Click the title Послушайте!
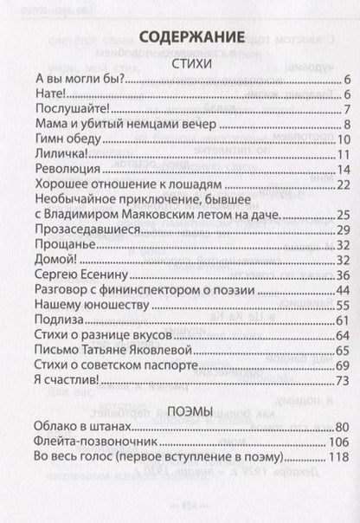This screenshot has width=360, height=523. click(68, 110)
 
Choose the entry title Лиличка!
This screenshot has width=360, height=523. click(58, 154)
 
